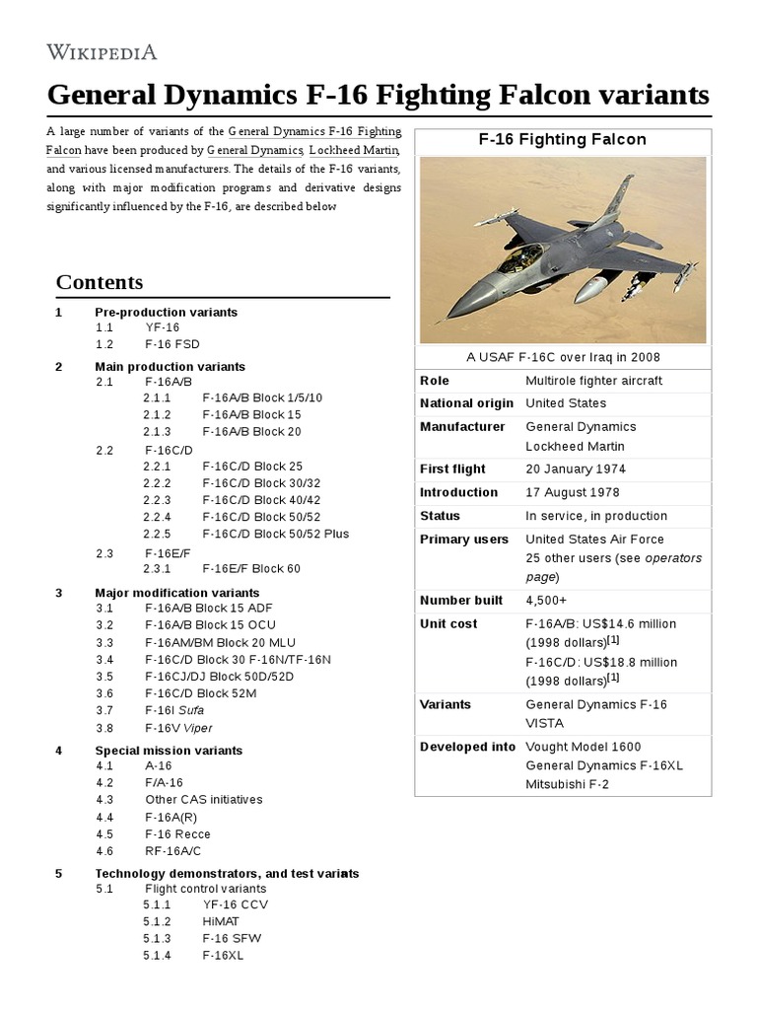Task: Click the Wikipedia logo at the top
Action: (x=102, y=51)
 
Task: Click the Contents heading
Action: (x=99, y=282)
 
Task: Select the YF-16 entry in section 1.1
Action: (x=162, y=327)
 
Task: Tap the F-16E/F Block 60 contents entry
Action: (x=251, y=568)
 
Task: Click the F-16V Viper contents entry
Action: (x=178, y=728)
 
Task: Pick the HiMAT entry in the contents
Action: (x=221, y=921)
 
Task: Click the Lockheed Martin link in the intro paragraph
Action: (x=354, y=150)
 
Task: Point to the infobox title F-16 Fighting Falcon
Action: (x=562, y=140)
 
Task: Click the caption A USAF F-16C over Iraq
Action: (x=562, y=357)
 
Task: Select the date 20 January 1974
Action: (x=576, y=469)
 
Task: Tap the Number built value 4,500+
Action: (x=548, y=601)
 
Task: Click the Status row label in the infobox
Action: (x=440, y=516)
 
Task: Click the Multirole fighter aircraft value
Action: (x=593, y=381)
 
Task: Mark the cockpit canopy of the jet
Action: (x=519, y=259)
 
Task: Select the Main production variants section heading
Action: (x=170, y=366)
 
